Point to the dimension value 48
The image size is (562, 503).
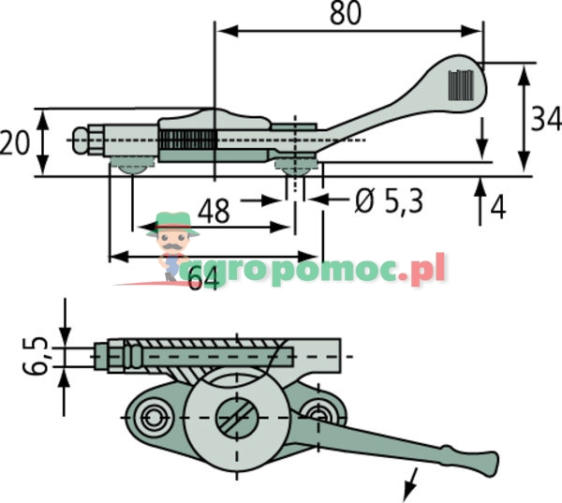[x=214, y=211]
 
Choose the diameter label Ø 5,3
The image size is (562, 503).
[x=389, y=200]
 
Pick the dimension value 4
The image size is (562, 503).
[x=497, y=206]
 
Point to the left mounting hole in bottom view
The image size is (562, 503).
[x=153, y=415]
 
